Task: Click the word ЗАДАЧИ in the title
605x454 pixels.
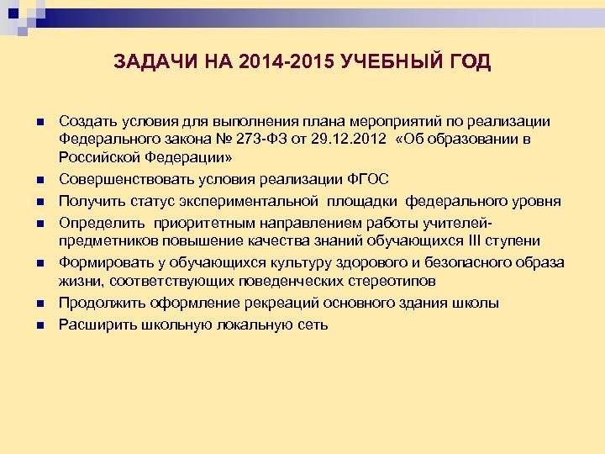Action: pyautogui.click(x=149, y=62)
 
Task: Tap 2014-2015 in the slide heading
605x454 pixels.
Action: pyautogui.click(x=275, y=62)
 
